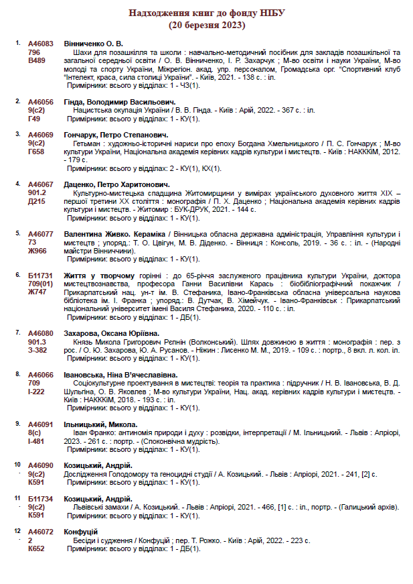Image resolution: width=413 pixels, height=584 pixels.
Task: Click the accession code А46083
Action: click(41, 43)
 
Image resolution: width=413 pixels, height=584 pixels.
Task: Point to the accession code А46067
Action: click(41, 184)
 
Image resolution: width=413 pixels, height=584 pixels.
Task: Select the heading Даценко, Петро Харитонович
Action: click(116, 184)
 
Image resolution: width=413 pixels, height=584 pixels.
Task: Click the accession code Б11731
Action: click(40, 275)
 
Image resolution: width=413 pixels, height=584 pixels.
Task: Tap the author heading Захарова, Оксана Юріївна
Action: click(111, 333)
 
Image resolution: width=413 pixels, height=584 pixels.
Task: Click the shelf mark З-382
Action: click(37, 350)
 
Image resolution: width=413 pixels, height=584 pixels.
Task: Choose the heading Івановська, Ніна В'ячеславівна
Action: click(120, 374)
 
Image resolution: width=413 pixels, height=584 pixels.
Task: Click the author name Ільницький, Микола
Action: click(100, 424)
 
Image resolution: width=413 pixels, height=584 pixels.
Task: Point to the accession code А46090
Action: click(41, 465)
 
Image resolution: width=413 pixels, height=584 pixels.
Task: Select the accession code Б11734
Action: click(40, 499)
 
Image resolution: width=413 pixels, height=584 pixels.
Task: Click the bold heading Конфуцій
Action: click(80, 532)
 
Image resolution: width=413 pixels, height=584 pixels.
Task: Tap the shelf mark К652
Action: click(35, 548)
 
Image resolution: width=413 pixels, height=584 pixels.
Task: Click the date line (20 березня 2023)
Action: click(207, 25)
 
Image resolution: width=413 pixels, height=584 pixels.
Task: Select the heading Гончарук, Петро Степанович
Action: click(114, 135)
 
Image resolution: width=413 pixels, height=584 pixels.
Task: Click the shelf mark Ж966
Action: click(37, 250)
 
